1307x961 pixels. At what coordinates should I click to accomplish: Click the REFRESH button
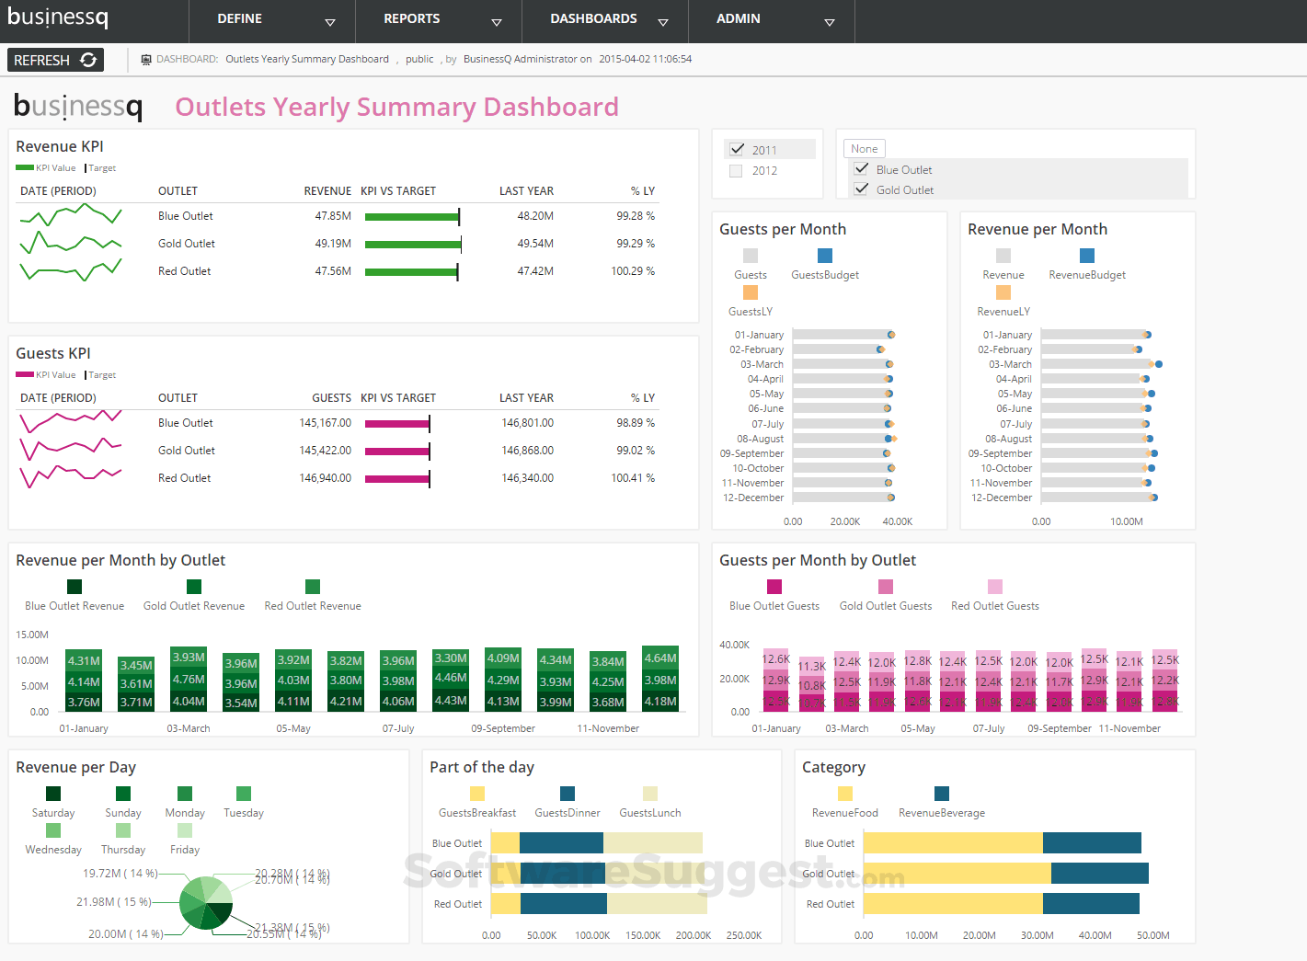click(x=55, y=60)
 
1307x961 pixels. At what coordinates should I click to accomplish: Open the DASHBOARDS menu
click(x=608, y=19)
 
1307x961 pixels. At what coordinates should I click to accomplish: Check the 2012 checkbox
click(x=736, y=171)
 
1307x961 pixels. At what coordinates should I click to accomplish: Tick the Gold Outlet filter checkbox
click(x=862, y=189)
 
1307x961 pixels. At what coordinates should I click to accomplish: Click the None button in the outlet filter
click(x=864, y=149)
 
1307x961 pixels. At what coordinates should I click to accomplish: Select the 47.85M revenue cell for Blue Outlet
click(x=333, y=216)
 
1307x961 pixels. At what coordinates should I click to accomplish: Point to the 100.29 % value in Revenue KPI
click(x=633, y=271)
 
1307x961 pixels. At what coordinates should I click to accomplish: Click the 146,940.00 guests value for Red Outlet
click(x=325, y=478)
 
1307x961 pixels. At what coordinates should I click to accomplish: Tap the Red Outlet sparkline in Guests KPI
click(x=71, y=476)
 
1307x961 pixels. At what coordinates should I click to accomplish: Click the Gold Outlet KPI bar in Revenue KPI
click(x=412, y=244)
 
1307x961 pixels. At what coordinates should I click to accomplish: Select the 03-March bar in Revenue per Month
click(x=1095, y=364)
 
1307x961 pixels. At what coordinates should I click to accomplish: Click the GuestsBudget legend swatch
click(x=825, y=256)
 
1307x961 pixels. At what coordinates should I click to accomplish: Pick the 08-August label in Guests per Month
click(x=760, y=439)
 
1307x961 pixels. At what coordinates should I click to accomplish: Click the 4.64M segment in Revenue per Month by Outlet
click(x=660, y=658)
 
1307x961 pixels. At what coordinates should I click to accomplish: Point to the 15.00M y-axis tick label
click(x=32, y=635)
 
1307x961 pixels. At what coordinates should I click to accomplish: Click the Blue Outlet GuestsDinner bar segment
click(x=561, y=843)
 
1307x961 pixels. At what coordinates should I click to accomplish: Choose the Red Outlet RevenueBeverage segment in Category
click(x=1091, y=904)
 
